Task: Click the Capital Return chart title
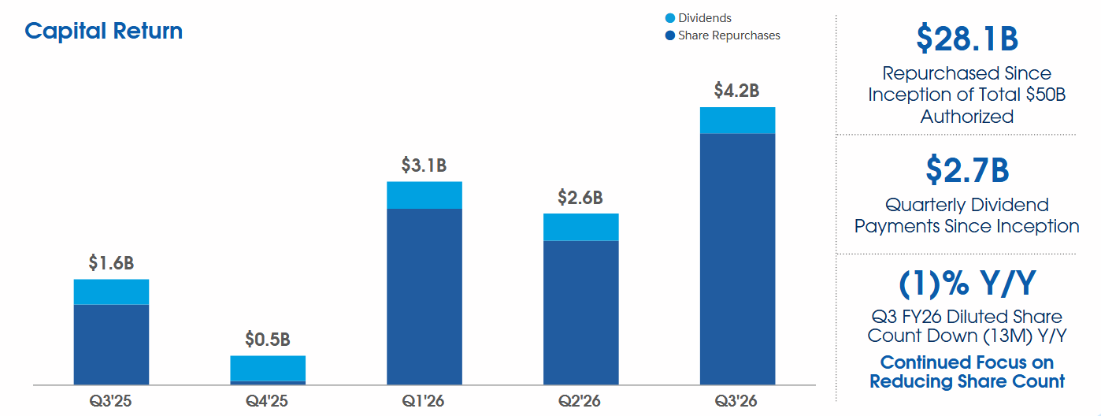tap(103, 31)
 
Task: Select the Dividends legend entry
tap(704, 18)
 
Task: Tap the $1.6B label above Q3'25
tap(111, 262)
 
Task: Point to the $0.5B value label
tap(267, 340)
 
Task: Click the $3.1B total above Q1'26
tap(424, 165)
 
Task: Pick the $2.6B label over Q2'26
tap(580, 197)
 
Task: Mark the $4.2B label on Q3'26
tap(736, 91)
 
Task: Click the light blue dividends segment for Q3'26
tap(737, 121)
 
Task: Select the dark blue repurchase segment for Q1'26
tap(424, 296)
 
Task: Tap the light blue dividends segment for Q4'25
tap(268, 368)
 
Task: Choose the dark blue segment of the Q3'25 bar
tap(111, 344)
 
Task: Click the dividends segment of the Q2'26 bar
tap(580, 227)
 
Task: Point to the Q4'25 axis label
tap(267, 401)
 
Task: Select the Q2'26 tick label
tap(580, 401)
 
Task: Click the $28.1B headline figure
tap(966, 38)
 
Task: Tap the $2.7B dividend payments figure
tap(966, 169)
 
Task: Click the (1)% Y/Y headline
tap(966, 282)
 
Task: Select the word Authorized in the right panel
tap(966, 117)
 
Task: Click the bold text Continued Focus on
tap(966, 362)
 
